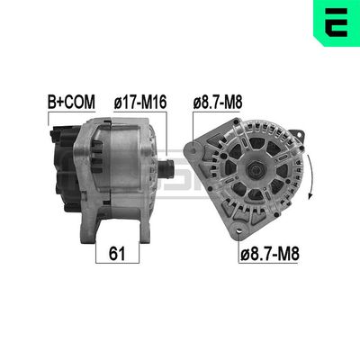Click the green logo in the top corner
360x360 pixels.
click(337, 22)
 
